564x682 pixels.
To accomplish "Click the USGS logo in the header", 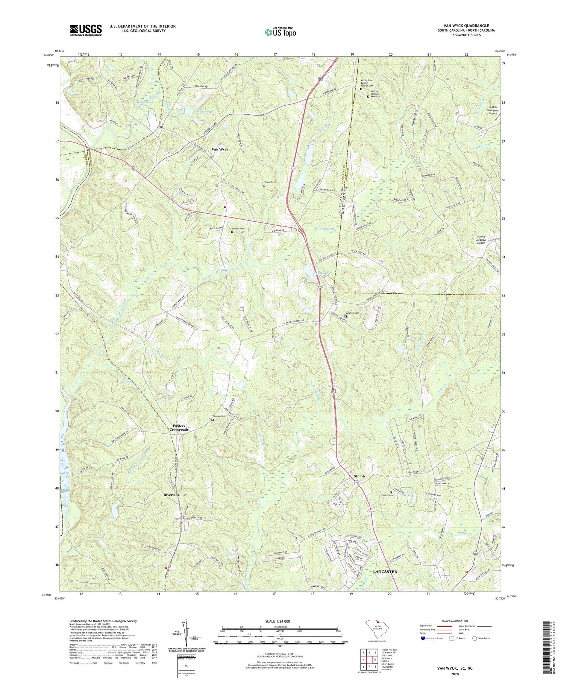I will (86, 30).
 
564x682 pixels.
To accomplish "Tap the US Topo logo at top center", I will (280, 32).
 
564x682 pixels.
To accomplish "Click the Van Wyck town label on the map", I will (220, 149).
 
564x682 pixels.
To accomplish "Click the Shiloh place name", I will (359, 476).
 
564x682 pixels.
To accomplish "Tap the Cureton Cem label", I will (352, 313).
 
